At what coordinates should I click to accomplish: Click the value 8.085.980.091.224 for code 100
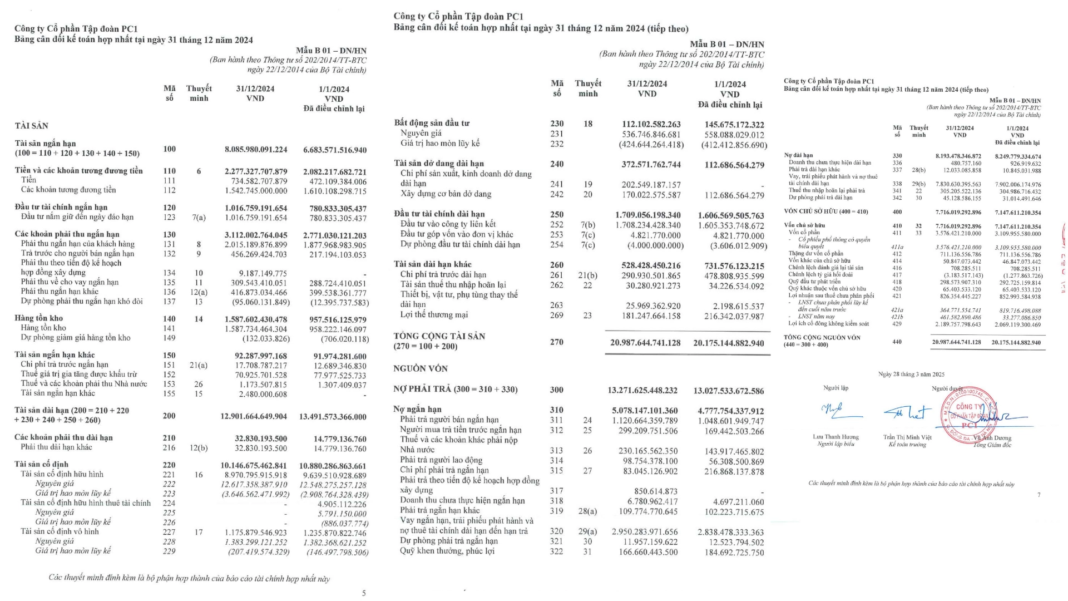click(256, 149)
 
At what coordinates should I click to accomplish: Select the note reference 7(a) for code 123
click(199, 218)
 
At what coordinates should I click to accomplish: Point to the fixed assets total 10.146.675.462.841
click(256, 465)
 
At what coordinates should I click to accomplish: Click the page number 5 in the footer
click(364, 593)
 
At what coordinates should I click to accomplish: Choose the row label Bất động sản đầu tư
click(432, 123)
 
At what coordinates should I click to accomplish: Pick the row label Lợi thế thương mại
click(434, 315)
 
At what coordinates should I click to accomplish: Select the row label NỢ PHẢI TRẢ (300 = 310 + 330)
click(456, 389)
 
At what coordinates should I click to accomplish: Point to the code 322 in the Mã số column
click(556, 551)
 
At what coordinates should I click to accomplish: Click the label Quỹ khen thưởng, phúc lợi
click(447, 551)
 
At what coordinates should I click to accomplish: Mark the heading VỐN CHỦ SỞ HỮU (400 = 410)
click(818, 212)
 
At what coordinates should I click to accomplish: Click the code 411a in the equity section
click(897, 247)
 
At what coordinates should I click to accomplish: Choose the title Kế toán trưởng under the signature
click(907, 445)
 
